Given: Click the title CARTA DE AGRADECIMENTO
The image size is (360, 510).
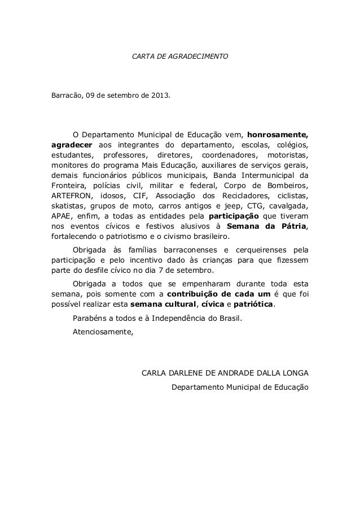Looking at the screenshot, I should [x=179, y=57].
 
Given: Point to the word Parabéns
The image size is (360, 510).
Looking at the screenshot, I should [x=90, y=318].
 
